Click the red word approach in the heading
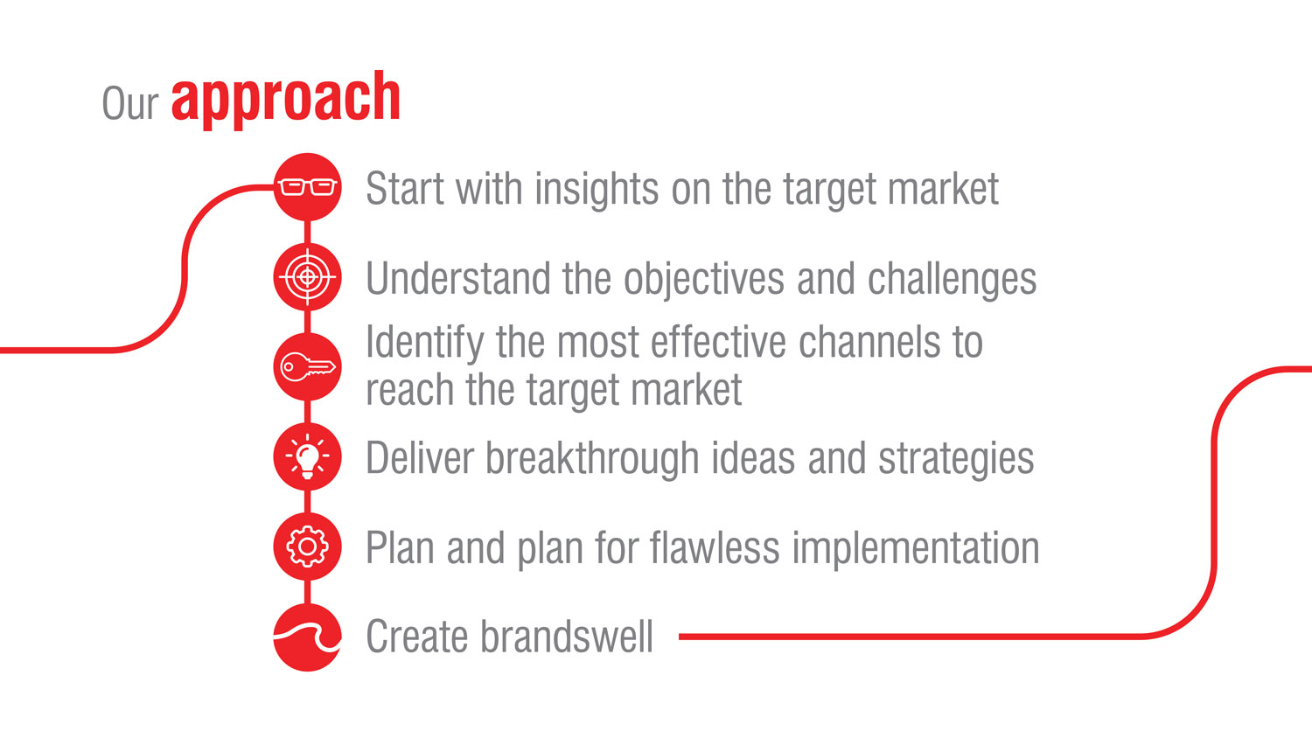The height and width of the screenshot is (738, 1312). point(286,100)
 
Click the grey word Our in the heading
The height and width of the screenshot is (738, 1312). point(130,103)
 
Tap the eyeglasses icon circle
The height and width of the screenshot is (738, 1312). point(308,187)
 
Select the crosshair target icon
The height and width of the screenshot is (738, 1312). point(308,277)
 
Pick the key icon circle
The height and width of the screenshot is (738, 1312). point(308,367)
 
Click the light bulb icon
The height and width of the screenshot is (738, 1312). point(308,456)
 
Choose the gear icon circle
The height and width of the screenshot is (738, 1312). point(308,547)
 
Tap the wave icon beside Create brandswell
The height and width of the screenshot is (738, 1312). point(308,637)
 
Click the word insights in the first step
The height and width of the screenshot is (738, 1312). point(597,189)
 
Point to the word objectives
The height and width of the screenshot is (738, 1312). point(703,280)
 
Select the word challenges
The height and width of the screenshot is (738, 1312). point(952,280)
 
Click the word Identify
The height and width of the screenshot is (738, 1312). point(424,344)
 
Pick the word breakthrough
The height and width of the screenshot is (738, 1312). point(592,459)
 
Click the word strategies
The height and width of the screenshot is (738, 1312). point(956,459)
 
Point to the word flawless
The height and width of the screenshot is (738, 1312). point(715,548)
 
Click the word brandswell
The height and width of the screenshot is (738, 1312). point(567,637)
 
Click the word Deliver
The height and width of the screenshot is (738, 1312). point(419,458)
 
